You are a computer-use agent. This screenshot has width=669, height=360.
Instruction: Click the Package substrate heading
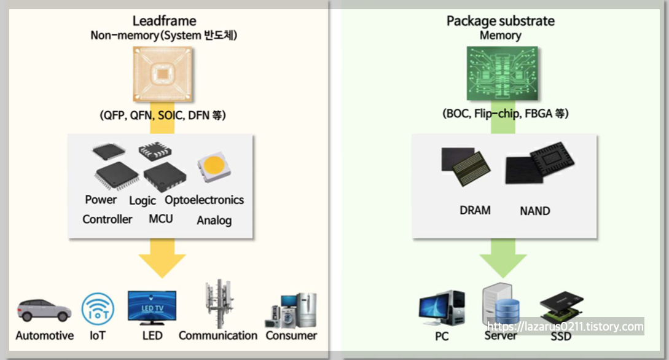point(500,21)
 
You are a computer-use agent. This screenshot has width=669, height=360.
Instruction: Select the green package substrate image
point(500,74)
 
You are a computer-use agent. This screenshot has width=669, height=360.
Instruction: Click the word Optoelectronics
point(204,200)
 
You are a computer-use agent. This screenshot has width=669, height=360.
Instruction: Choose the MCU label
point(160,219)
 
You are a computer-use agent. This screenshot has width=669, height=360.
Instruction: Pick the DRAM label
point(475,210)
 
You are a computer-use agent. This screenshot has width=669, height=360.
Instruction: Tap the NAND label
point(534,211)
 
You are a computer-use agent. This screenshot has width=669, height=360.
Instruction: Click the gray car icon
point(44,310)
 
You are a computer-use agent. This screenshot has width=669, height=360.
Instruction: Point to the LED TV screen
point(152,305)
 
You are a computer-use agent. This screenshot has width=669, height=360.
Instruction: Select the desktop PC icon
point(441,310)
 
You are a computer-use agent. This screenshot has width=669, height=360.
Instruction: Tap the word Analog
point(214,220)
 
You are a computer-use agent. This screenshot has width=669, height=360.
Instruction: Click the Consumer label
point(291,335)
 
